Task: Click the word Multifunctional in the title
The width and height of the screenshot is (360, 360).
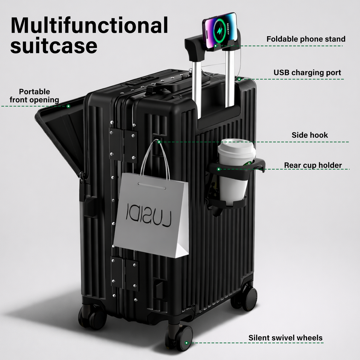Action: tap(89, 25)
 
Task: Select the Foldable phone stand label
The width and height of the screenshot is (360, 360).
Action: tap(306, 39)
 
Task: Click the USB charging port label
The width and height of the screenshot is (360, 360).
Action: tap(307, 73)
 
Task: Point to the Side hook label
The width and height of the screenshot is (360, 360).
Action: tap(310, 135)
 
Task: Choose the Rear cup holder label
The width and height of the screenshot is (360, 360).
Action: tap(313, 165)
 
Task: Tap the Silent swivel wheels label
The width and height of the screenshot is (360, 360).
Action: tap(286, 338)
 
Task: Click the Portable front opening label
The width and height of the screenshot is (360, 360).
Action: tap(34, 96)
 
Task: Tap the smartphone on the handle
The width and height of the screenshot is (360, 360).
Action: tap(220, 31)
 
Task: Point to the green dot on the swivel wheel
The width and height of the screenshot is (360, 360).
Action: tap(186, 343)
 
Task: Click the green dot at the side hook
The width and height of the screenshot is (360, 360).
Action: tap(159, 142)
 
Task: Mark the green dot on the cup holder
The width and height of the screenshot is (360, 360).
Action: tap(219, 169)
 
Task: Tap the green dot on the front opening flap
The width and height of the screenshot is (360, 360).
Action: tap(68, 106)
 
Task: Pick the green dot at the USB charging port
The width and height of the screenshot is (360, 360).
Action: tap(239, 79)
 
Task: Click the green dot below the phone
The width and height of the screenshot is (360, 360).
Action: tap(216, 46)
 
